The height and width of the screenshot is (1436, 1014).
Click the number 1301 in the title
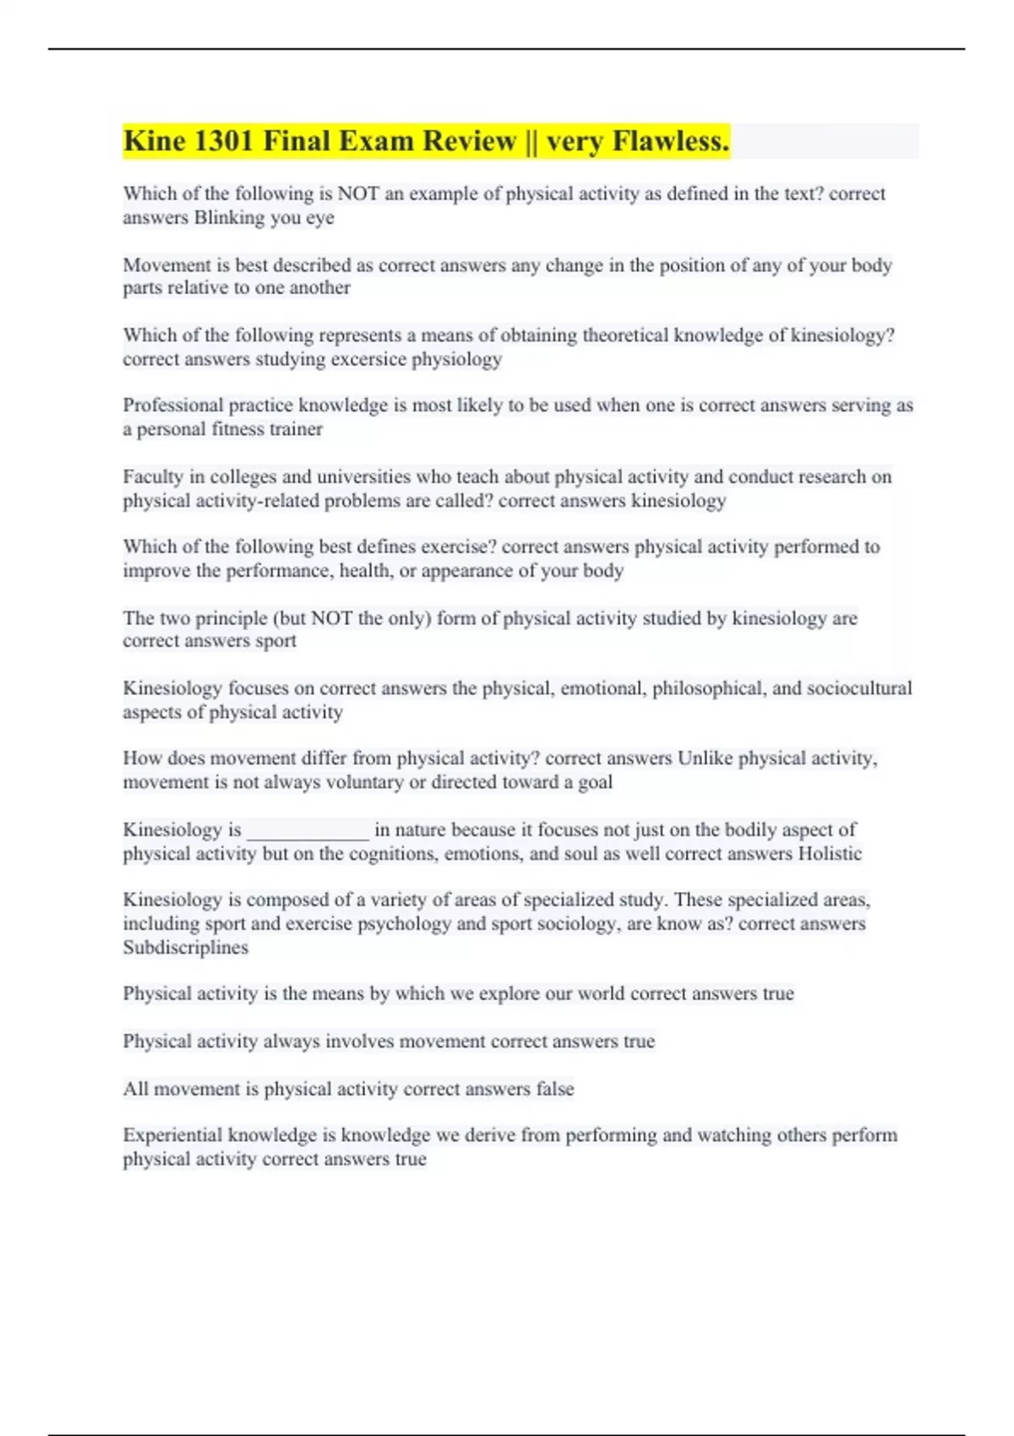(224, 141)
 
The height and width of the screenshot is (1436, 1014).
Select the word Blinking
(229, 218)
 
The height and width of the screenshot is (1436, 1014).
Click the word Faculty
(153, 476)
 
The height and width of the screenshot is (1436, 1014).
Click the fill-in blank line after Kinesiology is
(308, 831)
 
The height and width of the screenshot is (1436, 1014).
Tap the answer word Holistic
(829, 853)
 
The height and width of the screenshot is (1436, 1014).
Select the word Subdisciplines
(186, 948)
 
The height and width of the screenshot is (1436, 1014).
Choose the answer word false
(554, 1089)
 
